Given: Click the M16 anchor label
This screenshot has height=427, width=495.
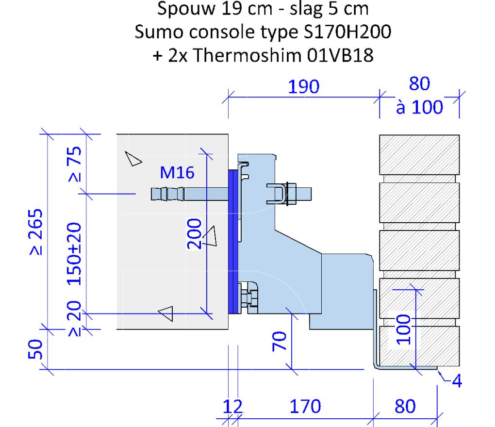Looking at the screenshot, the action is pos(177,173).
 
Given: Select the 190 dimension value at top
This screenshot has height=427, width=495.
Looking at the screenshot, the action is pos(303,87).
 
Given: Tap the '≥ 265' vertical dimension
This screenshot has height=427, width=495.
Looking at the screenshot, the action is pos(36,231).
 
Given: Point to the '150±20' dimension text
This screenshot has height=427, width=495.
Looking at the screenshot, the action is pos(75,254).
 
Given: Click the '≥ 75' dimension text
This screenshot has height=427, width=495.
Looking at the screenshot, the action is pos(75,164).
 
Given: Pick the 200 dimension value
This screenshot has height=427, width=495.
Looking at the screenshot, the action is pos(194,234).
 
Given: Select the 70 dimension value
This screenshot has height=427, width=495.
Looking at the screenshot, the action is pos(280,341).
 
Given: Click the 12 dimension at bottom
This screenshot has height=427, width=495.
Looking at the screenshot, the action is pos(232,407).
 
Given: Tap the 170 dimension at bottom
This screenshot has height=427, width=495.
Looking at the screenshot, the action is pos(305,407).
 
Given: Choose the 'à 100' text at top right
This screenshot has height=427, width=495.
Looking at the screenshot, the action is pos(420,107).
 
